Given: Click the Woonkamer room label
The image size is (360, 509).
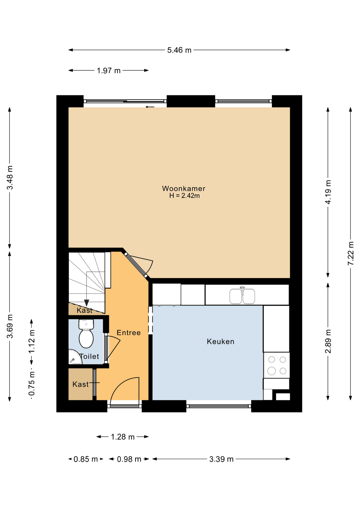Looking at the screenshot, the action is [x=183, y=188].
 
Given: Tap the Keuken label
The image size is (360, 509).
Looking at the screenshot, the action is [x=221, y=341].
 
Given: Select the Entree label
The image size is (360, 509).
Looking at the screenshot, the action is [x=129, y=332].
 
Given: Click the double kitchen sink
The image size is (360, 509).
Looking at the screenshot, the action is [x=242, y=295].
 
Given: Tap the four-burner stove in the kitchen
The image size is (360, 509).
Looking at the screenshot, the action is [x=276, y=365].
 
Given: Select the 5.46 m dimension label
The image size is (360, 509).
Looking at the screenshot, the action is [x=179, y=50].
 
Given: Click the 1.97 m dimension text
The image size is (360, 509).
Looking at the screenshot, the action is [x=108, y=71].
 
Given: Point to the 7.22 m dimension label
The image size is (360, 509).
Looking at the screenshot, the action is [x=350, y=253].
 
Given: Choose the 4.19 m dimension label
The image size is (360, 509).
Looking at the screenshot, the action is [x=328, y=192].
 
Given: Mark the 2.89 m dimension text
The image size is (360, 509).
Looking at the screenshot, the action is [x=328, y=341].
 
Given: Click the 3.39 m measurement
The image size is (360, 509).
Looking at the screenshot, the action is [x=221, y=459].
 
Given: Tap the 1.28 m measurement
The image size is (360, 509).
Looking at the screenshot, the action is [x=123, y=437].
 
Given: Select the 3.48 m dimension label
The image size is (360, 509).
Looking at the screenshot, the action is [x=10, y=178].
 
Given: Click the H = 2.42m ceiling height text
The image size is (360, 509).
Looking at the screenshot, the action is [x=185, y=196].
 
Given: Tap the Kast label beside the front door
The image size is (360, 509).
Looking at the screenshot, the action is [x=81, y=384].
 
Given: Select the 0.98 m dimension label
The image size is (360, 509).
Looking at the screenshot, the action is [x=129, y=459].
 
